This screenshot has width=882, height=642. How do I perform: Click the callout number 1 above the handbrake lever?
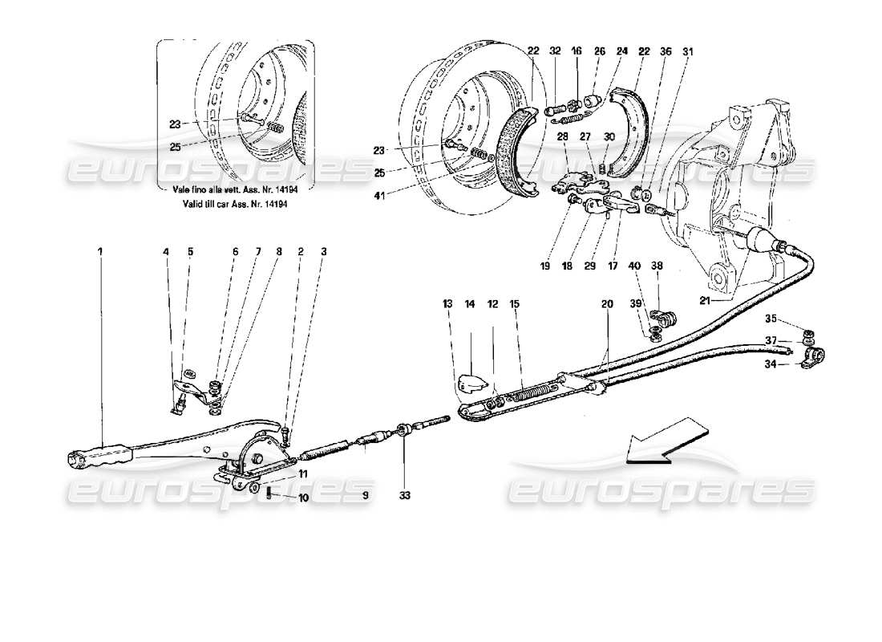coord(100,252)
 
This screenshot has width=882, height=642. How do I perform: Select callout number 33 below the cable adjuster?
coord(405,496)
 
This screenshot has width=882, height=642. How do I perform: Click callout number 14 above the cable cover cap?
coord(470,304)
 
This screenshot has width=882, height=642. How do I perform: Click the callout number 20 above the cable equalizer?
coord(606,304)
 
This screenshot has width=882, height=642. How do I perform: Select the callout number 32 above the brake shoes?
coord(555,51)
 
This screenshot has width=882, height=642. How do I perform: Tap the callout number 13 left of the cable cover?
coord(447,304)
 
